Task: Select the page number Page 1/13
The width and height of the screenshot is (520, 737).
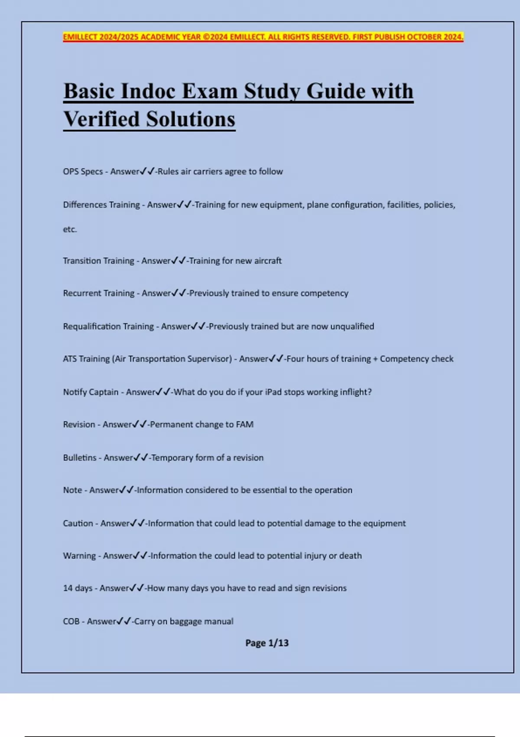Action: pos(267,643)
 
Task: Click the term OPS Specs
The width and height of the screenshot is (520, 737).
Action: pos(83,172)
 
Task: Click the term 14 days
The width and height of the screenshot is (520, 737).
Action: pos(78,588)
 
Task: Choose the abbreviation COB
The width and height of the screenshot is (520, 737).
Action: pos(71,621)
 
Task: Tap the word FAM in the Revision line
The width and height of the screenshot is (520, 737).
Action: pos(245,424)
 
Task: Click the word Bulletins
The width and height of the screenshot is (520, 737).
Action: pos(80,458)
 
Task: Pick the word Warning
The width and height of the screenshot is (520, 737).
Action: pos(79,556)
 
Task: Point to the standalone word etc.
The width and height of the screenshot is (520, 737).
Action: pos(70,229)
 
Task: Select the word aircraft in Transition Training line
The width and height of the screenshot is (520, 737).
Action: pos(266,261)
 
